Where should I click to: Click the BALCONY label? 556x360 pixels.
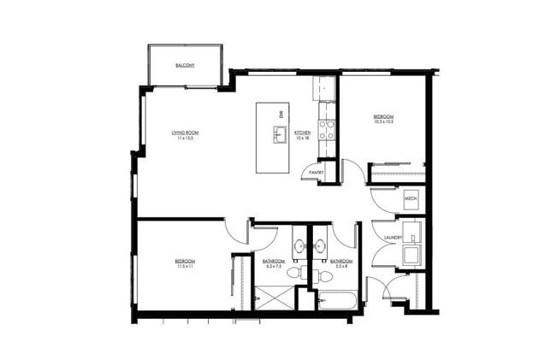(185, 66)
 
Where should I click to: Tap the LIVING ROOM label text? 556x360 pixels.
(185, 133)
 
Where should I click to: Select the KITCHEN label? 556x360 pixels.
(302, 133)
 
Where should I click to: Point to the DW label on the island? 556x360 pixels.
(280, 115)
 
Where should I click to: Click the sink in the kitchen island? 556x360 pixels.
(279, 133)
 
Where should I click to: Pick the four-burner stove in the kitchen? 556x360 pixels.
(327, 129)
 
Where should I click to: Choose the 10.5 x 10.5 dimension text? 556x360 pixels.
(383, 122)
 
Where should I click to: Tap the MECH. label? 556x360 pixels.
(410, 198)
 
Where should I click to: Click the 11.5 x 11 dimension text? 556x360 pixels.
(186, 267)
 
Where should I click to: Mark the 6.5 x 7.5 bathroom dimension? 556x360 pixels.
(274, 267)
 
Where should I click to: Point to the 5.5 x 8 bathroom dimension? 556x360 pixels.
(340, 267)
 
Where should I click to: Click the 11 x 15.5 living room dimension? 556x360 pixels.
(185, 139)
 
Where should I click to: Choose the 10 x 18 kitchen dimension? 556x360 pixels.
(302, 139)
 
